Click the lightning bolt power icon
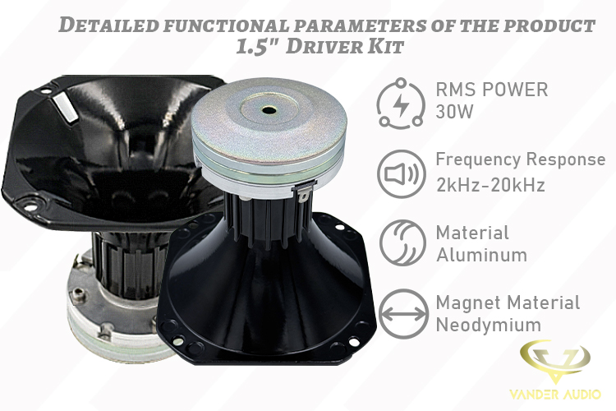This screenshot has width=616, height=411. point(401,104)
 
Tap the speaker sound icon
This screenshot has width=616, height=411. point(402,173)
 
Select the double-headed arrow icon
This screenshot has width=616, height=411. point(403,314)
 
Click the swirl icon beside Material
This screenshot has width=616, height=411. point(402,242)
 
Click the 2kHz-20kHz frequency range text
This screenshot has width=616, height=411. point(490,184)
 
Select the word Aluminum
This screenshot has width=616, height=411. point(481,255)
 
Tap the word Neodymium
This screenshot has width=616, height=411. point(489,325)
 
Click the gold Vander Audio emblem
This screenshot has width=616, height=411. point(554,361)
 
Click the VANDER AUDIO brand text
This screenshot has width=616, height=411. point(555,394)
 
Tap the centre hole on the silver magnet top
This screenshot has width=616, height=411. point(269,110)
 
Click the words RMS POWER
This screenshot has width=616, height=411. point(492,90)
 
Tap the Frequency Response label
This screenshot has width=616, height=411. point(521,159)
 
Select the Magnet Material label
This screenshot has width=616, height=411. point(508,302)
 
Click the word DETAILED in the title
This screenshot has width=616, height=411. point(108,25)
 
